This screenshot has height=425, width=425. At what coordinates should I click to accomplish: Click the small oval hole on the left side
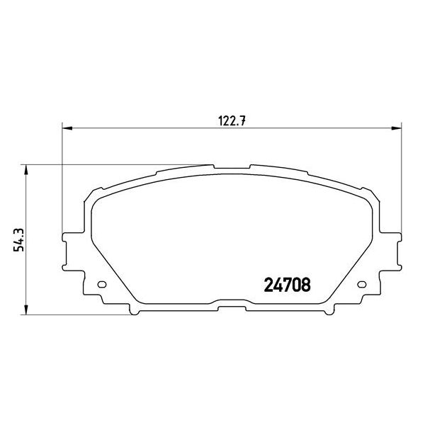click(x=101, y=285)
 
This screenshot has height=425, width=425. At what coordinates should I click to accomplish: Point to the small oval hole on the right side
click(x=365, y=285)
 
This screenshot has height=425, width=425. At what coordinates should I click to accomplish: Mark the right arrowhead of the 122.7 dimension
click(x=399, y=128)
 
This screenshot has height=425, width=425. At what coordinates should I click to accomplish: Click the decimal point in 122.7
click(x=239, y=121)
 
